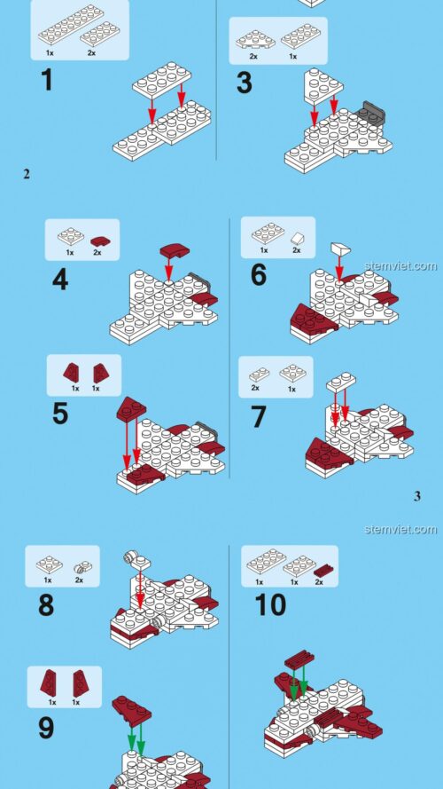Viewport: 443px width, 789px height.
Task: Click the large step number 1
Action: click(47, 81)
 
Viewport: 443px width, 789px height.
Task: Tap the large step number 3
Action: click(245, 83)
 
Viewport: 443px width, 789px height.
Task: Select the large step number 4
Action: click(61, 280)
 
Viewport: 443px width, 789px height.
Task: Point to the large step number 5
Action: click(59, 414)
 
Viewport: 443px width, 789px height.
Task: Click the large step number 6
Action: click(259, 275)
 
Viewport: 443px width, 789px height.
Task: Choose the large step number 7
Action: click(258, 417)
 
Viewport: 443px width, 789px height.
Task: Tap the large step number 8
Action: click(46, 605)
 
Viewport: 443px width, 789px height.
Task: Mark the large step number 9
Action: click(46, 728)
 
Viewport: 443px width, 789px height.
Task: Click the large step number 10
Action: click(271, 604)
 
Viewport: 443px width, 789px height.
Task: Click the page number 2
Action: click(26, 174)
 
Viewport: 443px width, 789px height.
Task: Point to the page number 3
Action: click(417, 496)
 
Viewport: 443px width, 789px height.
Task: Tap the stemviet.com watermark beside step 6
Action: click(400, 265)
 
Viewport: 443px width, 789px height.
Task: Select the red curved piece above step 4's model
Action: click(172, 249)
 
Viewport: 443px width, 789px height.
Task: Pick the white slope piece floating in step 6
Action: click(340, 249)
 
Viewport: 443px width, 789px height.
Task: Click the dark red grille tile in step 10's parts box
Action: click(325, 570)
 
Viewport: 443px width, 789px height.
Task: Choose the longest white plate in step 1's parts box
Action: click(71, 25)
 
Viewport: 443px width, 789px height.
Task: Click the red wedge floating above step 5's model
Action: click(132, 408)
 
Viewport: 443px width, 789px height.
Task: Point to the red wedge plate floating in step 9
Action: click(132, 711)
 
